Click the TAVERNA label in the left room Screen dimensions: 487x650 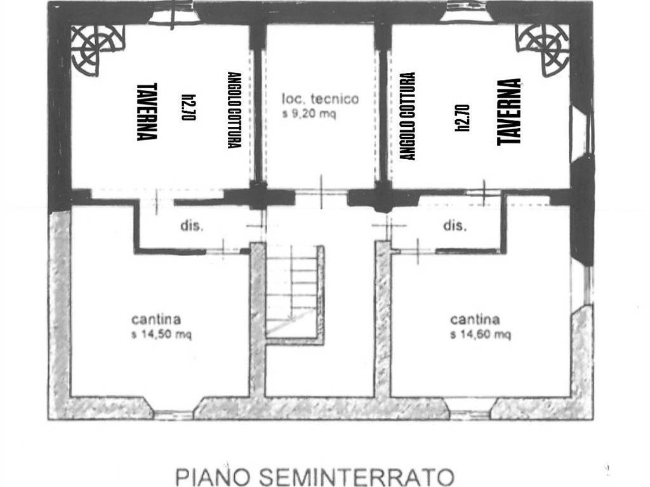(147, 112)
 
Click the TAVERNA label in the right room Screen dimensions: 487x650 (509, 112)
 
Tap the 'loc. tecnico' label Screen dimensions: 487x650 (321, 99)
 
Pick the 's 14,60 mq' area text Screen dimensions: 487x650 (481, 334)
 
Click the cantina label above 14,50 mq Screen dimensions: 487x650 (156, 319)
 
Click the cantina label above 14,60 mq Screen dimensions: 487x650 (475, 319)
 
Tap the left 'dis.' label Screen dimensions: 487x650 (192, 226)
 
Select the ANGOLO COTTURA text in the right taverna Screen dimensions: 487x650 (408, 116)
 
